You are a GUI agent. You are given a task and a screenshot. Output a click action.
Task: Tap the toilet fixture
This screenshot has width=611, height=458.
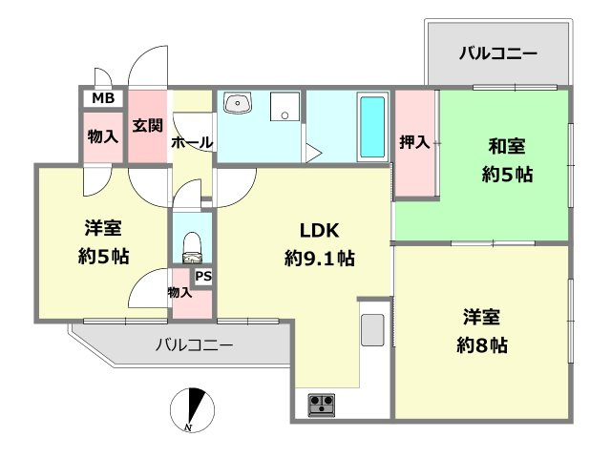tap(193, 246)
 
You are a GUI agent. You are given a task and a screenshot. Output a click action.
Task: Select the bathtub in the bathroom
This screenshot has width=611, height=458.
tap(372, 129)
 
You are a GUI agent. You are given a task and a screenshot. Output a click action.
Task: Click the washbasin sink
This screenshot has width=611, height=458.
tap(238, 104)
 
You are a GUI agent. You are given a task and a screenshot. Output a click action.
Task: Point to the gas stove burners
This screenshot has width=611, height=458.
tap(321, 405)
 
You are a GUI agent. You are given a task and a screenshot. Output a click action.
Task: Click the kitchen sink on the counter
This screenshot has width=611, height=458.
tap(372, 329)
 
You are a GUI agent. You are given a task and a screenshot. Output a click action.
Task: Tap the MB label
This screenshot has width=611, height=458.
tap(103, 98)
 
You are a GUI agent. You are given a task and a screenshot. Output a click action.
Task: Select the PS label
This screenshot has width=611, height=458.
tap(202, 277)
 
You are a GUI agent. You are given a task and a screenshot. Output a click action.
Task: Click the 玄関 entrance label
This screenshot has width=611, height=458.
tap(147, 125)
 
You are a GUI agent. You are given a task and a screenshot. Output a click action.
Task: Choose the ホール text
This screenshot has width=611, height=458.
tap(191, 143)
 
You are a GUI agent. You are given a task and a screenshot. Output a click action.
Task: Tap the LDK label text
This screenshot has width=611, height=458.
tap(320, 230)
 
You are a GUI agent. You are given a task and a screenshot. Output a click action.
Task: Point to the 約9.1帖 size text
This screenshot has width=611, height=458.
tap(320, 258)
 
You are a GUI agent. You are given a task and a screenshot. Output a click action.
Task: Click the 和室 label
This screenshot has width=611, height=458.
tap(506, 147)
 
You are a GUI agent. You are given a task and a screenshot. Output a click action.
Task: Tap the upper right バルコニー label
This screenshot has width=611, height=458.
tap(496, 52)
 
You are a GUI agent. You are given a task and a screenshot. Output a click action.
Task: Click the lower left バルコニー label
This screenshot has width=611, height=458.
tap(194, 345)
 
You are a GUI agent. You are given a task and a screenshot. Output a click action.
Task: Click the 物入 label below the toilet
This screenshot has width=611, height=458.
tap(179, 292)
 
